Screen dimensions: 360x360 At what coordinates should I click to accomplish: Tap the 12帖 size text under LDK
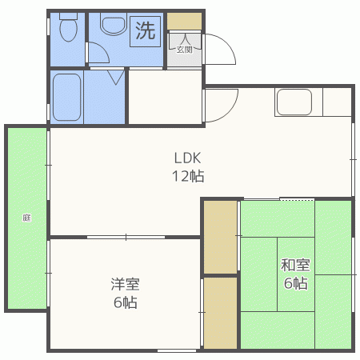click(188, 176)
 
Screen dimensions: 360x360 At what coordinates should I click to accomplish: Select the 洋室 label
click(125, 284)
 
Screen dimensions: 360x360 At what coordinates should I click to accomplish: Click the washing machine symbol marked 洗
click(145, 31)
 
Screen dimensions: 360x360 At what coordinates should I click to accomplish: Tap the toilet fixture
click(68, 29)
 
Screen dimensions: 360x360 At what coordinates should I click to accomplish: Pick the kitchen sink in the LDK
click(294, 104)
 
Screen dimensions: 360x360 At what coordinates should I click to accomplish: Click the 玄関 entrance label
click(185, 49)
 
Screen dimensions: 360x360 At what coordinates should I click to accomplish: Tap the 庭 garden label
click(26, 217)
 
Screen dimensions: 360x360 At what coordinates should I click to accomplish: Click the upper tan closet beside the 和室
click(220, 236)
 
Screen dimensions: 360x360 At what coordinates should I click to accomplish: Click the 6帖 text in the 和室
click(295, 283)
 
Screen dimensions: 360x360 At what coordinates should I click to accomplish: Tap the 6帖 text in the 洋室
click(125, 302)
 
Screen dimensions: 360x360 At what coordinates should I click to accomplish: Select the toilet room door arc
click(98, 54)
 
